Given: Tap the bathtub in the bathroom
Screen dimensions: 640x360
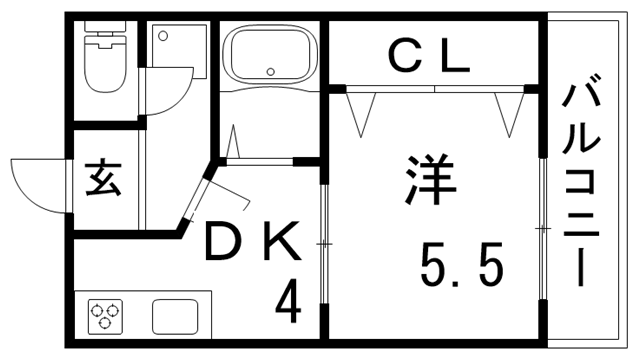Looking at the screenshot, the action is [x=270, y=55].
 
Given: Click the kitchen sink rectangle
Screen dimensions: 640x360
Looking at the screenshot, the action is [x=181, y=316].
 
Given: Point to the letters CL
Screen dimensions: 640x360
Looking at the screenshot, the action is [x=428, y=59].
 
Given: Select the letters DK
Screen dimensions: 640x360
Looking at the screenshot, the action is [x=251, y=242].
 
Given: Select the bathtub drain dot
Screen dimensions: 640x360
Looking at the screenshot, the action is [x=270, y=70].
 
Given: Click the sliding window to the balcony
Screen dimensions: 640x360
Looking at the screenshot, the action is [x=543, y=230].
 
